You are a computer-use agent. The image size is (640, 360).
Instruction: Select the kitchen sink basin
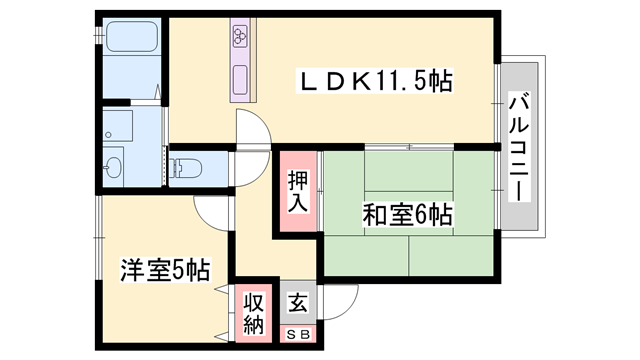click(x=242, y=78)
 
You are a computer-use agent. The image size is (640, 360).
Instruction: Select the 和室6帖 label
click(x=407, y=213)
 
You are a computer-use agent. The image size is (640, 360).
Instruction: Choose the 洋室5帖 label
click(x=165, y=269)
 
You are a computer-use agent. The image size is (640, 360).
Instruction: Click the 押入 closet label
click(x=297, y=192)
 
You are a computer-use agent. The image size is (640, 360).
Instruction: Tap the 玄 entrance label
click(x=297, y=303)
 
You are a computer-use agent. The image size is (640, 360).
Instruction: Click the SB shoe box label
click(x=297, y=334)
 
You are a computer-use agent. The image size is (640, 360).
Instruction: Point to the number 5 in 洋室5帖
click(x=176, y=269)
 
